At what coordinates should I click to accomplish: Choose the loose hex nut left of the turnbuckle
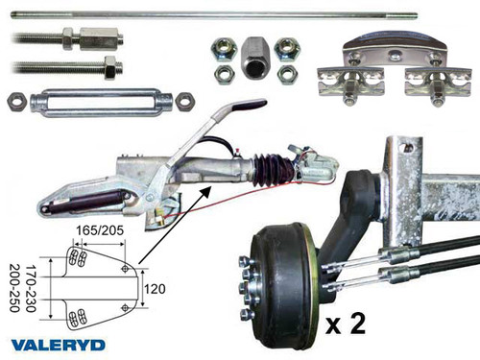click(x=15, y=100)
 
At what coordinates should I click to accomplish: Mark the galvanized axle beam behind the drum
click(x=422, y=192)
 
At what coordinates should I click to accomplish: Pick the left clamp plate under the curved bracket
click(x=351, y=82)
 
